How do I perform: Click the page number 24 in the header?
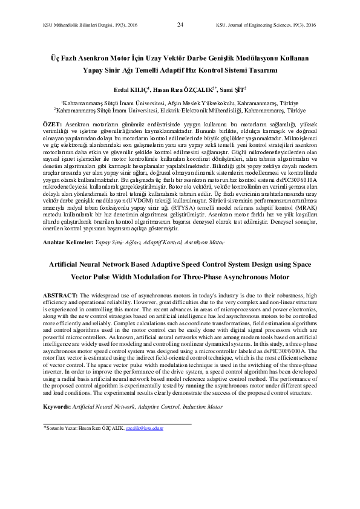(180, 25)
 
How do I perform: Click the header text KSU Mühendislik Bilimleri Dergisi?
(78, 25)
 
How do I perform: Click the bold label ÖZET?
(53, 123)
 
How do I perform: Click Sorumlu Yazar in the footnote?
(61, 428)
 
